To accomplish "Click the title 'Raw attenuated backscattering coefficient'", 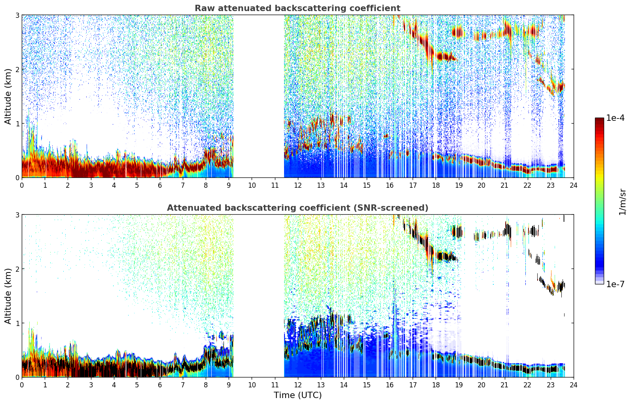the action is click(297, 8).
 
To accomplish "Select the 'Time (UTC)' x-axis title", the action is click(297, 395).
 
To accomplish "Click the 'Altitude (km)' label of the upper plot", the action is click(8, 96).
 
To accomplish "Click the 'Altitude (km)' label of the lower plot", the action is click(8, 296).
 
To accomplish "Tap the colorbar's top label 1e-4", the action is click(615, 118).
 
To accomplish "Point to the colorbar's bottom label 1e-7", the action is click(615, 284).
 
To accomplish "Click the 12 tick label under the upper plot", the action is click(298, 185).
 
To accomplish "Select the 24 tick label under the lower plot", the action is click(574, 385).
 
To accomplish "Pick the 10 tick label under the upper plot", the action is click(252, 185).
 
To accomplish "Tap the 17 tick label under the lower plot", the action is click(413, 385).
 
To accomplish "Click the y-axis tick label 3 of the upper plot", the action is click(17, 15).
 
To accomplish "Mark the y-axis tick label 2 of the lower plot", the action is click(17, 269).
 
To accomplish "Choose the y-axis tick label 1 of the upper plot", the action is click(17, 124).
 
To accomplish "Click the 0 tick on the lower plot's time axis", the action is click(22, 385).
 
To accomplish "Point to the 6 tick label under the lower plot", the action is click(160, 385).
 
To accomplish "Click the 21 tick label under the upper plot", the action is click(504, 185).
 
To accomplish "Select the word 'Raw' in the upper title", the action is click(205, 8).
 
